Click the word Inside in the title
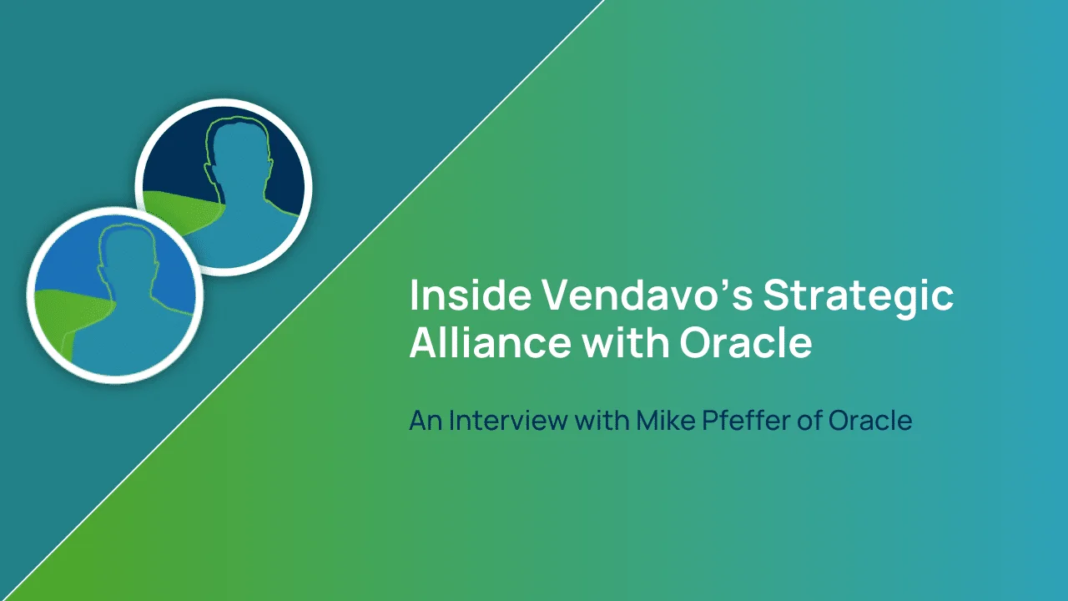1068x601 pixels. (x=470, y=295)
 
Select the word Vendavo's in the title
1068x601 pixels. (x=648, y=295)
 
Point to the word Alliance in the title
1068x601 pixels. (x=490, y=341)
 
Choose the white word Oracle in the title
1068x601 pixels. (x=746, y=342)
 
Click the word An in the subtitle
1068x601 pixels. (x=426, y=420)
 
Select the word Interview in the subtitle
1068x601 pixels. (x=508, y=420)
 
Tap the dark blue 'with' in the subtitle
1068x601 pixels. (x=602, y=420)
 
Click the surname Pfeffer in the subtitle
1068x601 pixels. (x=746, y=420)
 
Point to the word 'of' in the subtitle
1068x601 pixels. (x=809, y=420)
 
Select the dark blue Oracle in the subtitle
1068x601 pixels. (x=870, y=420)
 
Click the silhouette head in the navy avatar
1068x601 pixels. (x=239, y=153)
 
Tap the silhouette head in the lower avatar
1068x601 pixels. (x=128, y=260)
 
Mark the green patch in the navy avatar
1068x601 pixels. (x=181, y=209)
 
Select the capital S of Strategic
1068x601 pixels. (x=778, y=295)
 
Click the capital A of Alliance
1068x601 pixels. (x=426, y=341)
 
